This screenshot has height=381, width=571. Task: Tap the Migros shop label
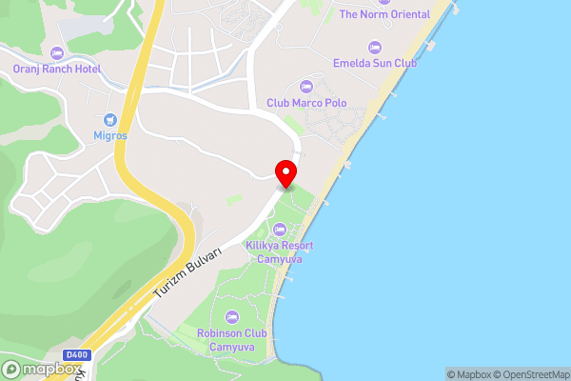[x=109, y=136]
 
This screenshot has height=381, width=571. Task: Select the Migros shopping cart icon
[x=109, y=120]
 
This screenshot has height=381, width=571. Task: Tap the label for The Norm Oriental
[x=384, y=14]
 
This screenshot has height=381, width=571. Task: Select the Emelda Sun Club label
[x=374, y=63]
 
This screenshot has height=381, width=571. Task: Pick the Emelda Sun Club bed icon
[x=374, y=47]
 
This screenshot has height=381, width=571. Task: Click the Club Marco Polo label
[x=306, y=103]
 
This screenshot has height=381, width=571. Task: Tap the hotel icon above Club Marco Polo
[x=306, y=87]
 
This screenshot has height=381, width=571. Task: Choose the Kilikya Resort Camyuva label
[x=281, y=251]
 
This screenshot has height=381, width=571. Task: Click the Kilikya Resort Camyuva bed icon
[x=281, y=230]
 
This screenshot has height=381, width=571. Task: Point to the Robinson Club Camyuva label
[x=231, y=340]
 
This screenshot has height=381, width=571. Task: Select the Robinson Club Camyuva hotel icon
[x=231, y=317]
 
